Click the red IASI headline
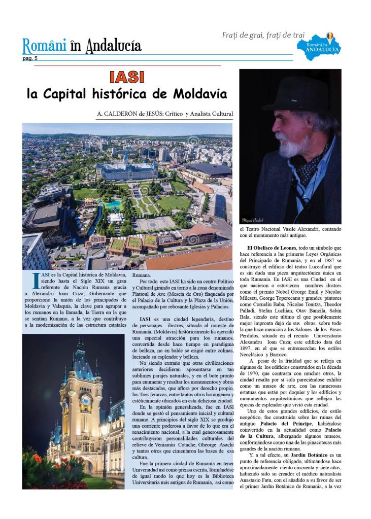point(127,77)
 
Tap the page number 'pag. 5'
point(29,58)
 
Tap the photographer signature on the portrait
point(250,221)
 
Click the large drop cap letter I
point(35,280)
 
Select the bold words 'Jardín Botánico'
point(306,455)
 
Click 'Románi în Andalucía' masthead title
point(82,46)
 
